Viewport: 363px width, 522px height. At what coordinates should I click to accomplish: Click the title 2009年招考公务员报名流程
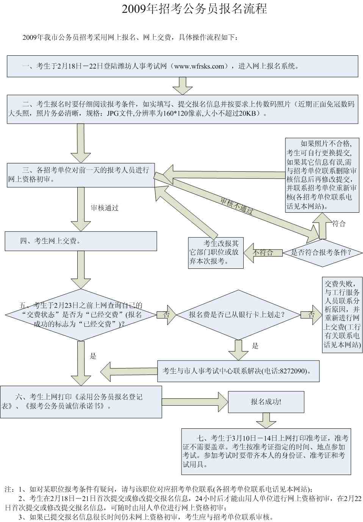(x=194, y=9)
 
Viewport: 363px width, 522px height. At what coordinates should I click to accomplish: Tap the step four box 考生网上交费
(x=80, y=241)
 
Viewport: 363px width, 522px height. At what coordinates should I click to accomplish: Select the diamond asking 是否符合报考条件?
(x=321, y=252)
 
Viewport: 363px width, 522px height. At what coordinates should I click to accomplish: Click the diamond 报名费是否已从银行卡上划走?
(x=237, y=314)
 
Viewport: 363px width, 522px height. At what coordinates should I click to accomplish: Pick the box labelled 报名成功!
(x=266, y=402)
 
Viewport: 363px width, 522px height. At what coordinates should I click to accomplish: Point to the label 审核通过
(x=105, y=208)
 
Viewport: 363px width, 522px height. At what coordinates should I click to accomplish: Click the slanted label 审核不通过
(x=237, y=206)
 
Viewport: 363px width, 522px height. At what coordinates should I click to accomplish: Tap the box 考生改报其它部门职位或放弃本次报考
(x=215, y=252)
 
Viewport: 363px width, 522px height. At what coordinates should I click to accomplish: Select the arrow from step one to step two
(x=182, y=86)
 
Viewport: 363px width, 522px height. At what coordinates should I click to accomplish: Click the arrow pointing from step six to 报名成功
(x=195, y=402)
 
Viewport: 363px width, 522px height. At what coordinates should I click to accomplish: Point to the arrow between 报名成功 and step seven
(x=266, y=420)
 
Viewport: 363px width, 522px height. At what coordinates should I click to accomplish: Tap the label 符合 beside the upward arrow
(x=339, y=224)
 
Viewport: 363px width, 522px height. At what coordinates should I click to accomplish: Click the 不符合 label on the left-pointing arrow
(x=263, y=252)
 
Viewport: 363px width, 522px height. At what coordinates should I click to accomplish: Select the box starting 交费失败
(x=342, y=315)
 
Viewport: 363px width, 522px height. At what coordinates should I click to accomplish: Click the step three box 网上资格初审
(x=80, y=175)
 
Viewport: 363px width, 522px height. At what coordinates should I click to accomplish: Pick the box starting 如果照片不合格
(x=322, y=175)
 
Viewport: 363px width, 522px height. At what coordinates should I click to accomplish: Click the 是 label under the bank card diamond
(x=255, y=346)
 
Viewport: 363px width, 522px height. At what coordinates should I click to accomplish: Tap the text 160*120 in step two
(x=174, y=113)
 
